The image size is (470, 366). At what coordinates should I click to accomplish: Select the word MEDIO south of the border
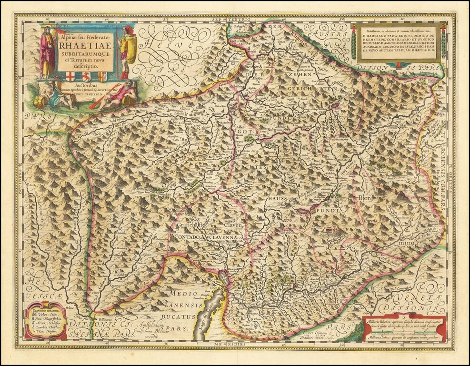[175, 294]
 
